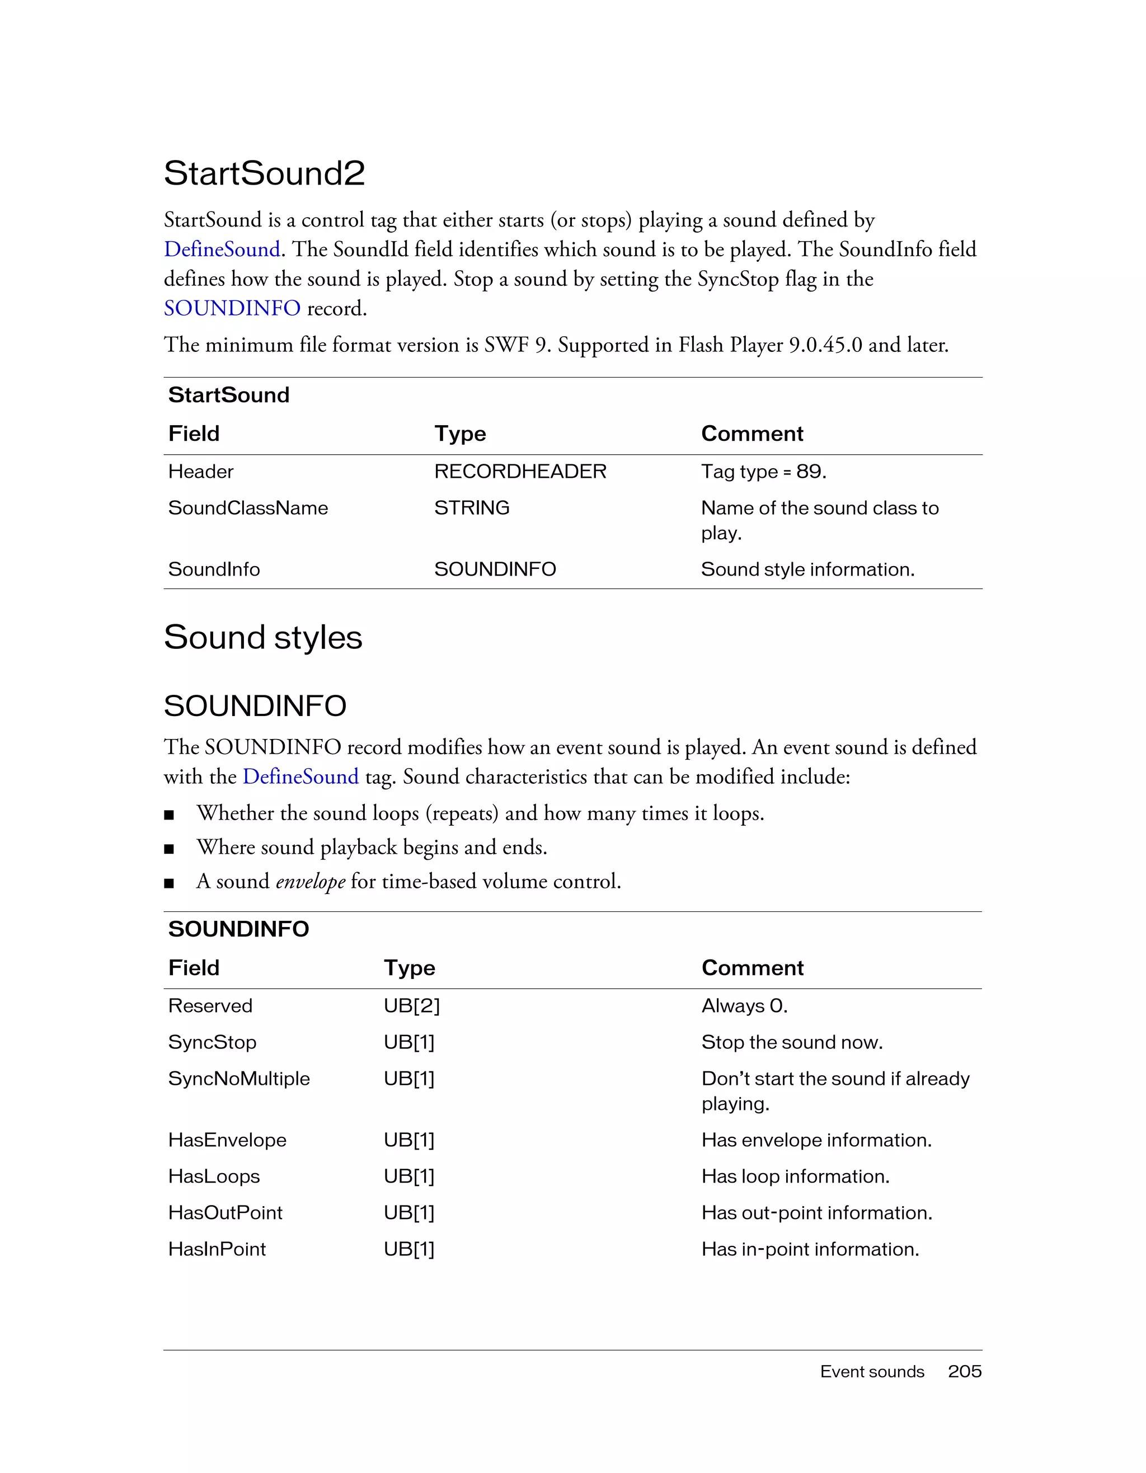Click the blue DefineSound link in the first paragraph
tap(222, 250)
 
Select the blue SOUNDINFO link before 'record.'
tap(232, 308)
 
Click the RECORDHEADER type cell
tap(520, 472)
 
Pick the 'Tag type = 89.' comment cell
tap(764, 472)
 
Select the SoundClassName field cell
tap(247, 508)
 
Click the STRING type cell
tap(472, 508)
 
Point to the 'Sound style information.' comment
tap(807, 570)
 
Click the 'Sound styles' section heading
tap(263, 637)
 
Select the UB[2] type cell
tap(411, 1006)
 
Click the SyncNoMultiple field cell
tap(239, 1079)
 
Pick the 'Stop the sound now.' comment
tap(792, 1042)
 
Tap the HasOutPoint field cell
tap(226, 1213)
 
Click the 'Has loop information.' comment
tap(795, 1176)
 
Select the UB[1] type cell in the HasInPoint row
tap(408, 1249)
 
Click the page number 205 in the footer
tap(965, 1372)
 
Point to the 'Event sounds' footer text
tap(871, 1372)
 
